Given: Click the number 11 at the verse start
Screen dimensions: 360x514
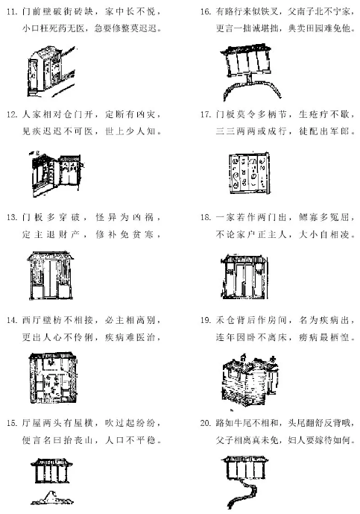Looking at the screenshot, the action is pyautogui.click(x=12, y=12).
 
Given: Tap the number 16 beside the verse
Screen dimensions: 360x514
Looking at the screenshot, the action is pyautogui.click(x=205, y=12).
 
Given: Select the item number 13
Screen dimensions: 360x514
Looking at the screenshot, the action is pyautogui.click(x=12, y=217).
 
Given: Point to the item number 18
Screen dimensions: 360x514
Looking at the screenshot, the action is pyautogui.click(x=205, y=217).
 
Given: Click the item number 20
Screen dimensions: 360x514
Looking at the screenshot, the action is pyautogui.click(x=206, y=423).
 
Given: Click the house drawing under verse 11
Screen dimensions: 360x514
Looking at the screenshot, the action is pyautogui.click(x=51, y=72).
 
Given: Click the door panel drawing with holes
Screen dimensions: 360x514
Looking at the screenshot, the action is pyautogui.click(x=250, y=174).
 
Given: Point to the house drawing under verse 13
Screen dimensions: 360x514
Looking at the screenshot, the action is pyautogui.click(x=51, y=276).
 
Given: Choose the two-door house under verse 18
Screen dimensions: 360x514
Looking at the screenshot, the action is pyautogui.click(x=244, y=277).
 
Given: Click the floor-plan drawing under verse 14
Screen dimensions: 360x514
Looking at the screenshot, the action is pyautogui.click(x=53, y=379).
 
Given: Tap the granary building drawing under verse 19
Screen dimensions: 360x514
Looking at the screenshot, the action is pyautogui.click(x=250, y=380).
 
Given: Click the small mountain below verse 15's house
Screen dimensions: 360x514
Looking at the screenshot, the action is pyautogui.click(x=52, y=498).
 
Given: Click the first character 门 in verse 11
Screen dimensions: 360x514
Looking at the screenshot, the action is pyautogui.click(x=26, y=12).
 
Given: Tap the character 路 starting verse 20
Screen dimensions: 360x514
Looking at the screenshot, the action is pyautogui.click(x=220, y=423).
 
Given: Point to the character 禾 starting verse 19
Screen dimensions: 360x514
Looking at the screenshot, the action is pyautogui.click(x=220, y=320).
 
